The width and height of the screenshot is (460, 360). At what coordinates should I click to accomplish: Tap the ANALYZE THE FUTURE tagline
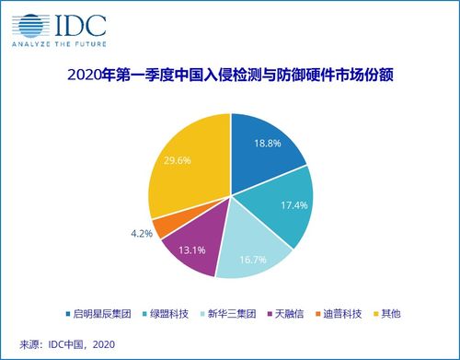click(x=54, y=42)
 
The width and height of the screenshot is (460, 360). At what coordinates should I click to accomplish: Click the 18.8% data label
click(x=267, y=143)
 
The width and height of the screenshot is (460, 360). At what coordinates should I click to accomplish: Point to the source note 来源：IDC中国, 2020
click(x=60, y=343)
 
